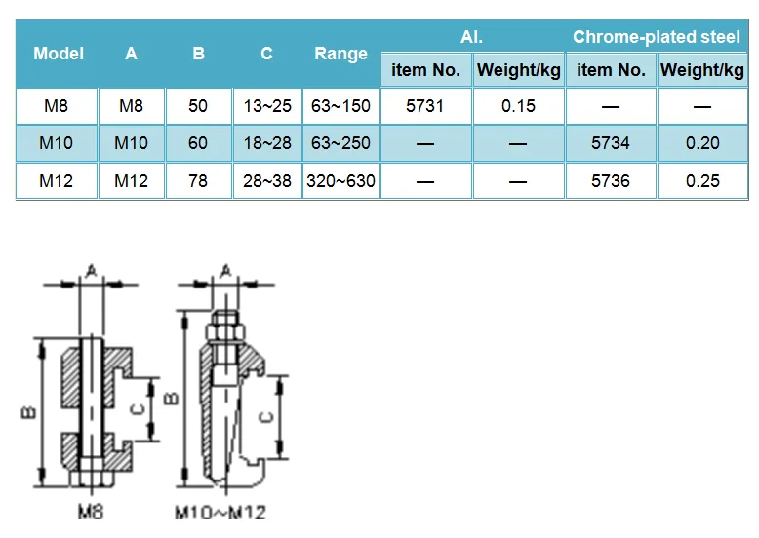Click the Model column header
point(59,54)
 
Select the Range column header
point(340,55)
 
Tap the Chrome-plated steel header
point(657,37)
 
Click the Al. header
point(471,37)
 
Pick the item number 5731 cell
point(424,106)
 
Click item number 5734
point(611,143)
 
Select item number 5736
point(611,180)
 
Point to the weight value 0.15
point(518,106)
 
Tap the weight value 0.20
point(702,143)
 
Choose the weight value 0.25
point(702,180)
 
